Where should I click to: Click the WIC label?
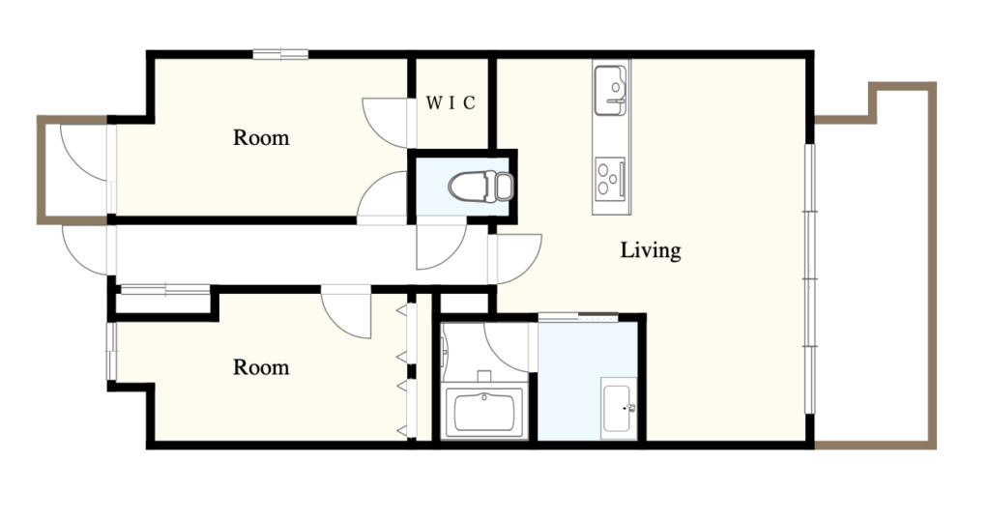[451, 102]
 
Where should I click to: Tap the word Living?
[651, 250]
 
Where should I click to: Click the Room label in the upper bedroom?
[261, 137]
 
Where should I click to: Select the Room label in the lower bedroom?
[261, 367]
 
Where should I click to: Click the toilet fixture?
[481, 187]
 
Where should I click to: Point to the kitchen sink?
[611, 89]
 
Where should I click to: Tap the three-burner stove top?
[611, 178]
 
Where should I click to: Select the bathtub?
[485, 412]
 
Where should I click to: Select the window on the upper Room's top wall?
[280, 54]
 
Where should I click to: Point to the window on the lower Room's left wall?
[111, 352]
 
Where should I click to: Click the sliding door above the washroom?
[578, 317]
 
